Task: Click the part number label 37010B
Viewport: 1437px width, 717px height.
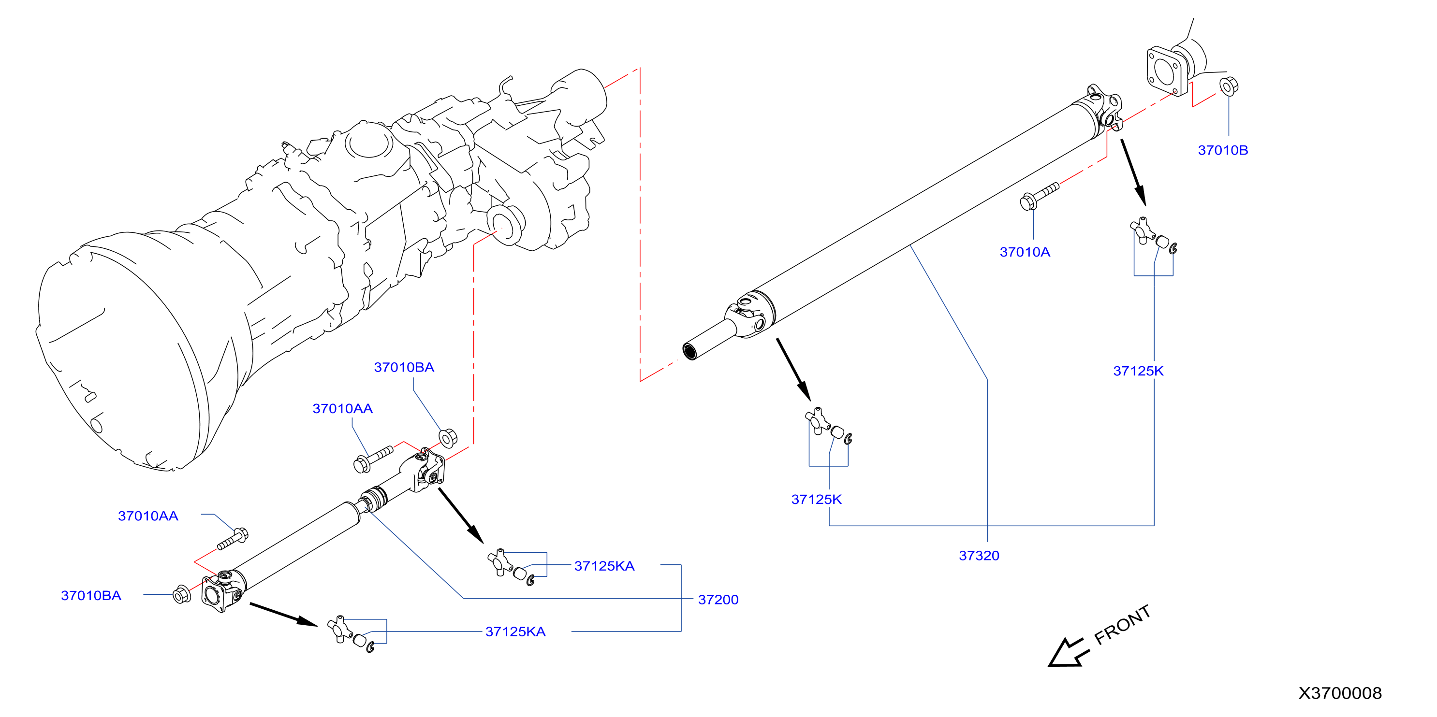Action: (1223, 150)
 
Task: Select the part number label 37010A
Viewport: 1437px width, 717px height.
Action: (1025, 252)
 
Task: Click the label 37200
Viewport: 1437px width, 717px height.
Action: (718, 600)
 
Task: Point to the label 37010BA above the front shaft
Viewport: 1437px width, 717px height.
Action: (404, 367)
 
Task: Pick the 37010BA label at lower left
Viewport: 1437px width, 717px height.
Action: (91, 595)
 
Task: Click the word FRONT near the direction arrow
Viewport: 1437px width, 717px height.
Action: (1122, 625)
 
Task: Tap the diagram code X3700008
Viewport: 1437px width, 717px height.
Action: (1340, 693)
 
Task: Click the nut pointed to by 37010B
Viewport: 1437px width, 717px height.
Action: (1229, 86)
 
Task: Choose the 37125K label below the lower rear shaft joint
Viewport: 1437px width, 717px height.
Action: (816, 499)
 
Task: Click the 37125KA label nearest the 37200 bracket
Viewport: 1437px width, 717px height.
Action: (604, 566)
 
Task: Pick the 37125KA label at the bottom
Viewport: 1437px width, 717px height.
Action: (515, 631)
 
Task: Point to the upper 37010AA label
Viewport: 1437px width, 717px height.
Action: (342, 409)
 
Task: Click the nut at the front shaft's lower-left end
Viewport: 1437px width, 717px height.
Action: (181, 594)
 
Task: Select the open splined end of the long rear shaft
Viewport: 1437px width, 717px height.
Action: (690, 352)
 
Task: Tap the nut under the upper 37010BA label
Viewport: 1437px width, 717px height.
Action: (448, 438)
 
